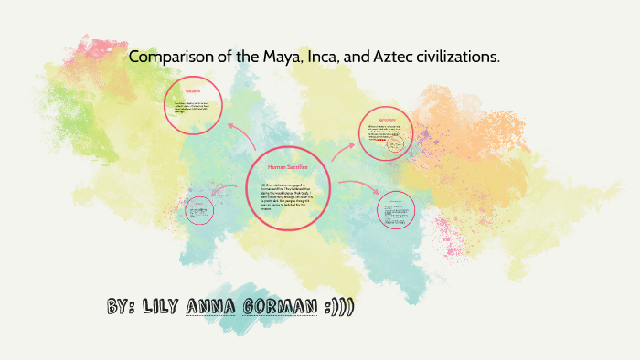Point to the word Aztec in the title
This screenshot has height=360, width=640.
click(380, 58)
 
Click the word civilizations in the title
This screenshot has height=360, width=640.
click(452, 58)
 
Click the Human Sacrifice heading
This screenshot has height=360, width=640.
click(286, 168)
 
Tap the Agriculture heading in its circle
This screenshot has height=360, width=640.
click(387, 120)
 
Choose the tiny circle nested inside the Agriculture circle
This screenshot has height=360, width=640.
click(395, 145)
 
